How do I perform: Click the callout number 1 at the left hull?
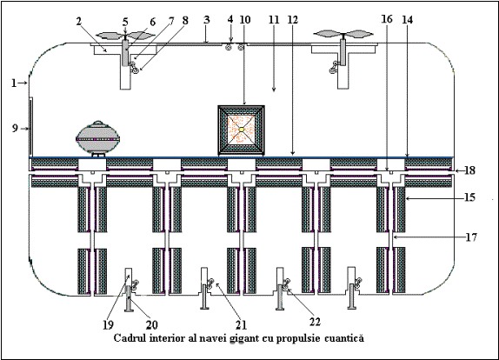14,83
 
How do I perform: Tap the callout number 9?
15,129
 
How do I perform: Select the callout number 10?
245,20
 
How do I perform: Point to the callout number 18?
469,170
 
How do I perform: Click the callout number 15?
469,197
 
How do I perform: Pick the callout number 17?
471,237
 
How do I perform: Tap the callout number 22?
315,322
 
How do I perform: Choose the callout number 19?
108,325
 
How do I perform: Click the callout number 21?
241,325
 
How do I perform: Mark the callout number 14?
408,20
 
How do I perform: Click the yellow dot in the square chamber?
242,130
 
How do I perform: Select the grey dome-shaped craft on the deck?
98,139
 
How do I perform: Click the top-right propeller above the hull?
343,34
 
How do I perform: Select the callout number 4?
230,20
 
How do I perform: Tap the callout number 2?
79,21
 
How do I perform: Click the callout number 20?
152,325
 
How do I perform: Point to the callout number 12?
292,20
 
